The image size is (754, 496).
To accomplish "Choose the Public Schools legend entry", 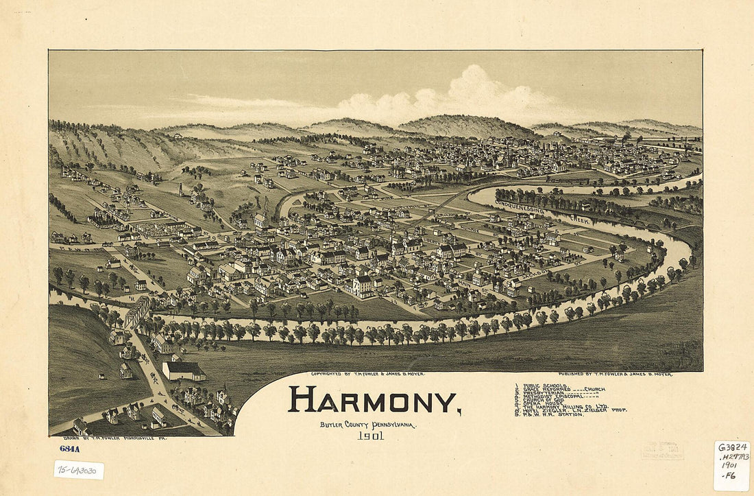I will coord(542,386).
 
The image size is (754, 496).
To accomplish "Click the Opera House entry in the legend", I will coord(538,402).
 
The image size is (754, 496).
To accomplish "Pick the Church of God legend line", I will coord(542,398).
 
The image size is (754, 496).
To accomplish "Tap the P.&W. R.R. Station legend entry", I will coord(552,414).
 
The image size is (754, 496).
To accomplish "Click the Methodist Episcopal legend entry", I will coord(552,394).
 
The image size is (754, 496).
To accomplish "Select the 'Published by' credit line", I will coord(615,375).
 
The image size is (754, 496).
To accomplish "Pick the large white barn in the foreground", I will coord(183,371).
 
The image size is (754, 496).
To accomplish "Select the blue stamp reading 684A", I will coord(70,449).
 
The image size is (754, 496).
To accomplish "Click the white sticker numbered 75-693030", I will coord(79,470).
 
